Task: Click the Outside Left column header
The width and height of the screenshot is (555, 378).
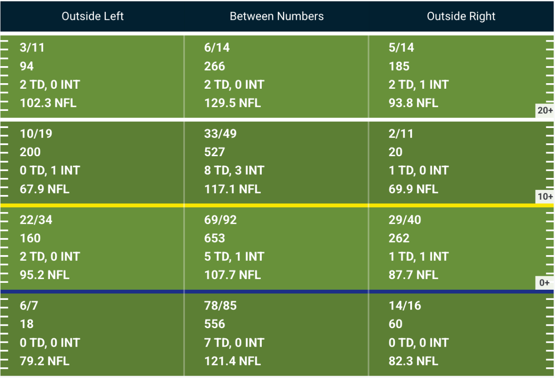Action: click(92, 16)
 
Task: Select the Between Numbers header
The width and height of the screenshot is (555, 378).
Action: click(277, 16)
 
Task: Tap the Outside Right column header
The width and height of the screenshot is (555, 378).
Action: click(461, 16)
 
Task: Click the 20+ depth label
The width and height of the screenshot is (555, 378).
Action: click(545, 110)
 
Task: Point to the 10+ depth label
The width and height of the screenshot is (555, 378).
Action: click(545, 196)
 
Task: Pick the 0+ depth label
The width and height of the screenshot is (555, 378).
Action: click(544, 283)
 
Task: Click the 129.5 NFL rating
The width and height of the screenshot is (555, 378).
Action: click(232, 103)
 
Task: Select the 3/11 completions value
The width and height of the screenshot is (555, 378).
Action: click(32, 48)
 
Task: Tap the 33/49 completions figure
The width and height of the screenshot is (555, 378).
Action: click(220, 134)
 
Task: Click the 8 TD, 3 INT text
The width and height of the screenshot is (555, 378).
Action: click(234, 171)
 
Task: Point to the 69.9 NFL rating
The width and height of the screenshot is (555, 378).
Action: click(413, 189)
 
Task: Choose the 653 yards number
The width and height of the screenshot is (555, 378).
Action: click(215, 238)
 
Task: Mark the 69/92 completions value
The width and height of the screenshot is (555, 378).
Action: click(220, 220)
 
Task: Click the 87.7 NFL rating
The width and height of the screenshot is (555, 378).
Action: click(413, 275)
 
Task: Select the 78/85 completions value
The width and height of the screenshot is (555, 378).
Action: click(220, 306)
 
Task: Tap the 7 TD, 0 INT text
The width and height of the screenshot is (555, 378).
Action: click(234, 343)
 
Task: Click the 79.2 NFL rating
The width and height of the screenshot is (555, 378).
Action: click(44, 361)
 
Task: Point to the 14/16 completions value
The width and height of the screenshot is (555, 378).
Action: click(405, 306)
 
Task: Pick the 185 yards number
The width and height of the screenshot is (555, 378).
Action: click(399, 67)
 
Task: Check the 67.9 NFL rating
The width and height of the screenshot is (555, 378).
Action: click(44, 189)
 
